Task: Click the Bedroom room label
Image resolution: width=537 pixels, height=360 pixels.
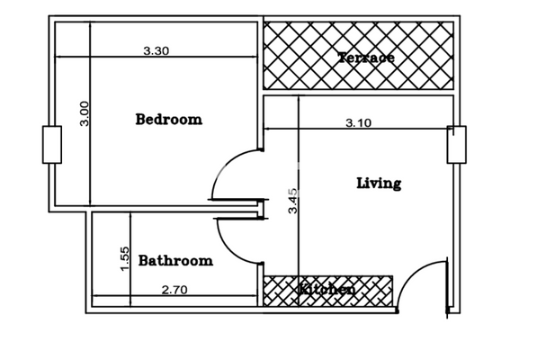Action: point(168,119)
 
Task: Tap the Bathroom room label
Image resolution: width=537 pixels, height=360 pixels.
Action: point(175,261)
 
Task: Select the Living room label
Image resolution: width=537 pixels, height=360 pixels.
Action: point(379,184)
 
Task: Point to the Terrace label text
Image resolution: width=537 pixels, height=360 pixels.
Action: point(365,58)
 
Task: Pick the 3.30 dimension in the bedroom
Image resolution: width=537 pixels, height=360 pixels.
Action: point(156,51)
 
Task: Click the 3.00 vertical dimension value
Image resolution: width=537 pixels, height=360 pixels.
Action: point(85,113)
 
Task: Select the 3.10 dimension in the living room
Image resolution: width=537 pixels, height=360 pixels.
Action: point(358,123)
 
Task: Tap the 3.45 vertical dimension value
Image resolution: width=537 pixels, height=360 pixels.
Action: point(292,200)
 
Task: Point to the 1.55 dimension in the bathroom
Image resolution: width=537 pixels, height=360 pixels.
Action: point(125,258)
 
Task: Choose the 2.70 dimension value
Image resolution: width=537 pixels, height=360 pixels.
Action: point(174,290)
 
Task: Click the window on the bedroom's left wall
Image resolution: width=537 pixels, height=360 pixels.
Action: point(52,145)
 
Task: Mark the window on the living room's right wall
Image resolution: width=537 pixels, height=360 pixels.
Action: point(457,145)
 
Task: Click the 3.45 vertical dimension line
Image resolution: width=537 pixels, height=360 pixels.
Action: point(299,162)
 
